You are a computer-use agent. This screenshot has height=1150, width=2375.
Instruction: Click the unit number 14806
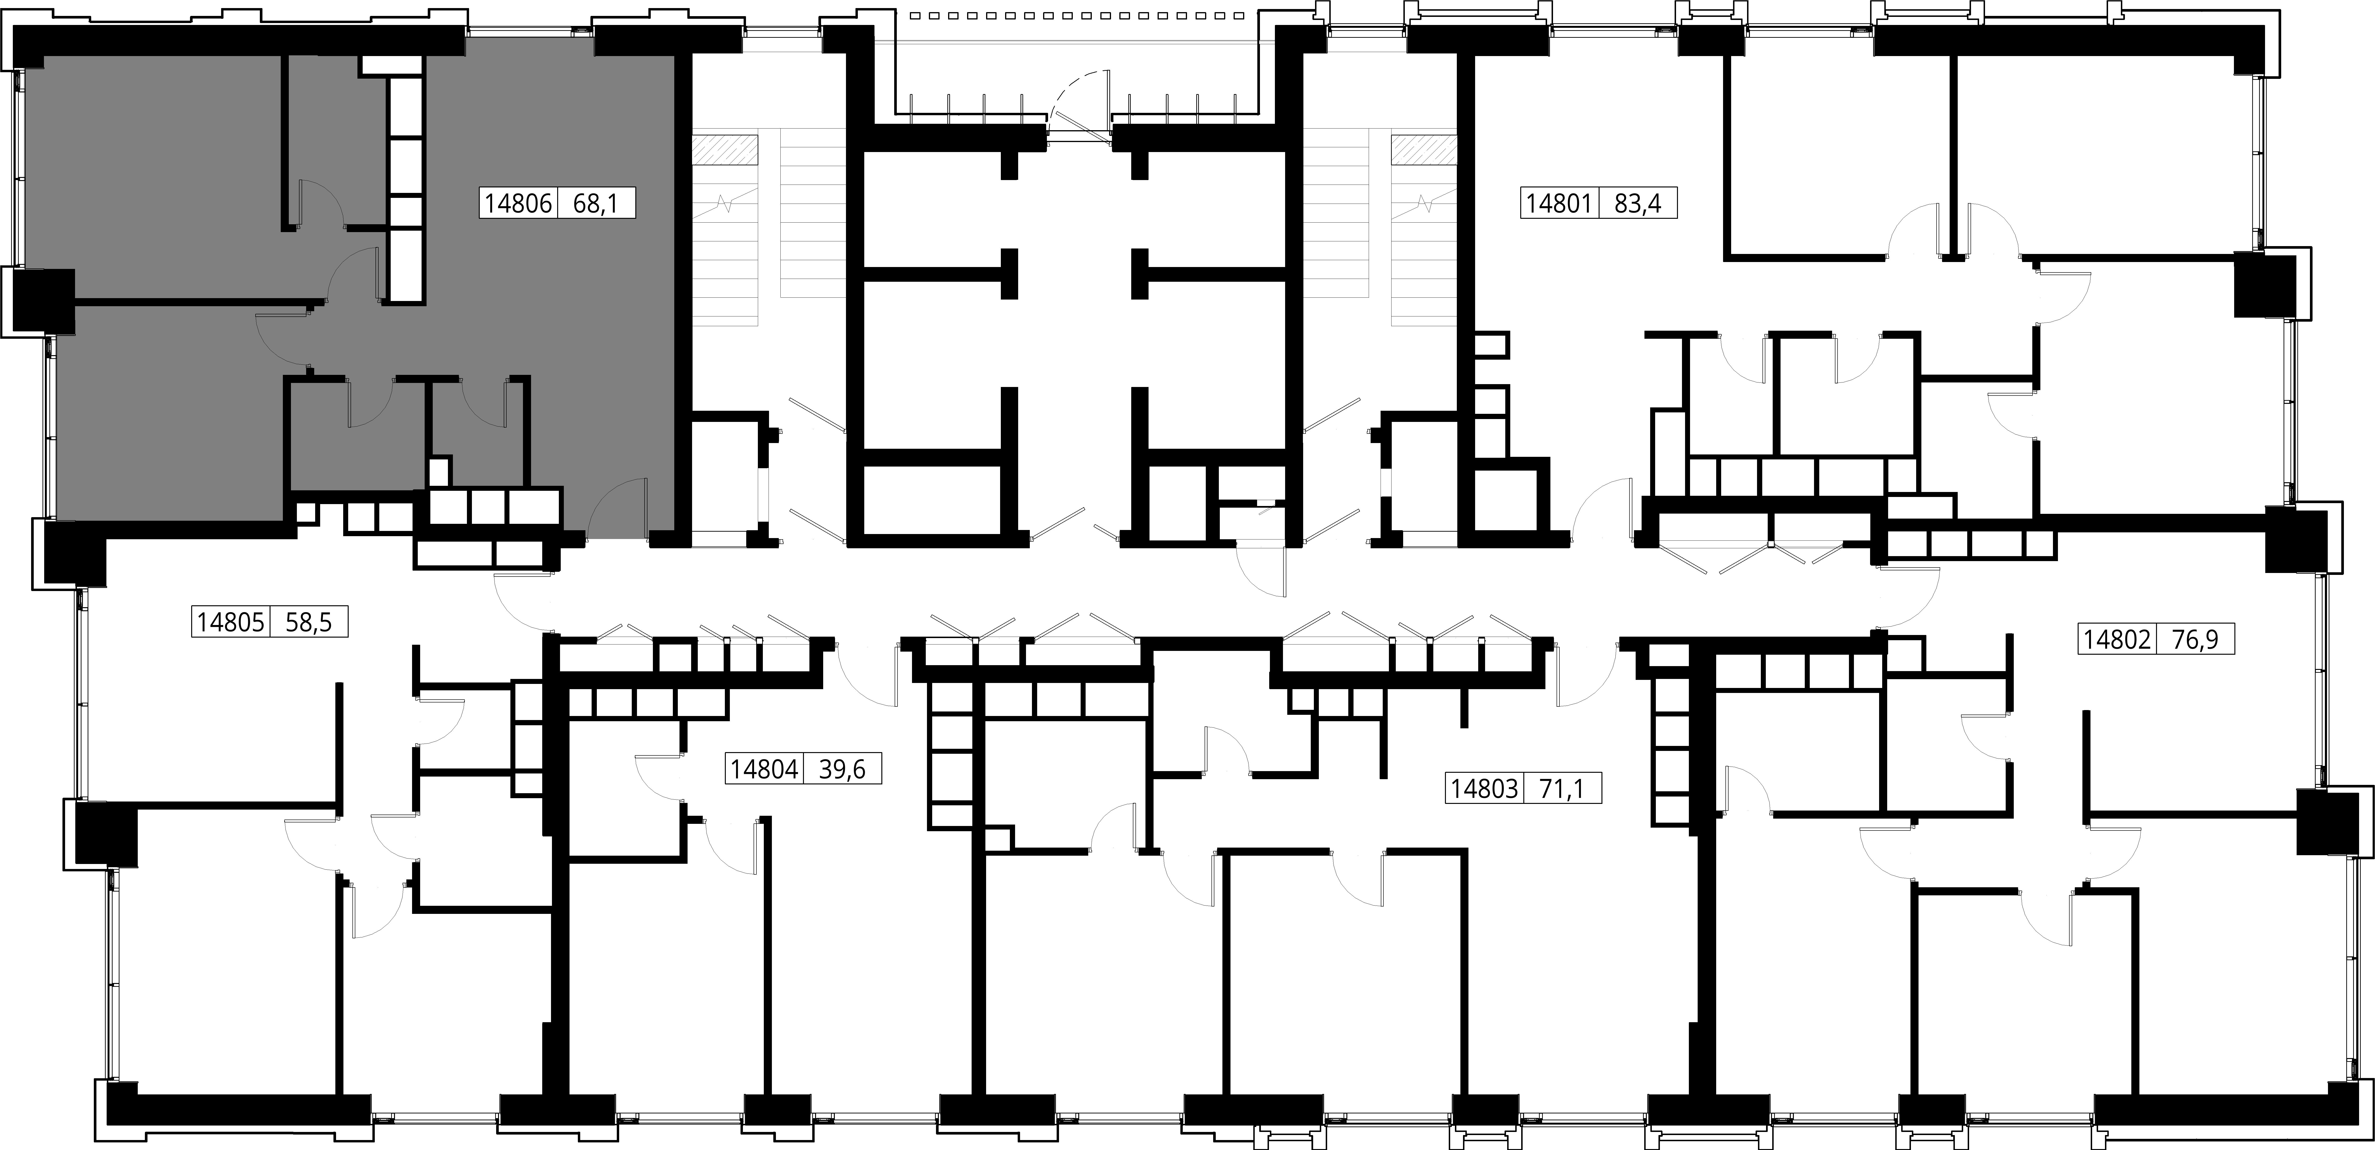tap(517, 203)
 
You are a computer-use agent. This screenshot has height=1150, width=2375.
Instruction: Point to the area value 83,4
tap(1637, 203)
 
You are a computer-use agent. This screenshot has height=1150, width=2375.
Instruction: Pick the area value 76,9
tap(2195, 639)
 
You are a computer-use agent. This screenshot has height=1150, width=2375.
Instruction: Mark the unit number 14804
tap(763, 769)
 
